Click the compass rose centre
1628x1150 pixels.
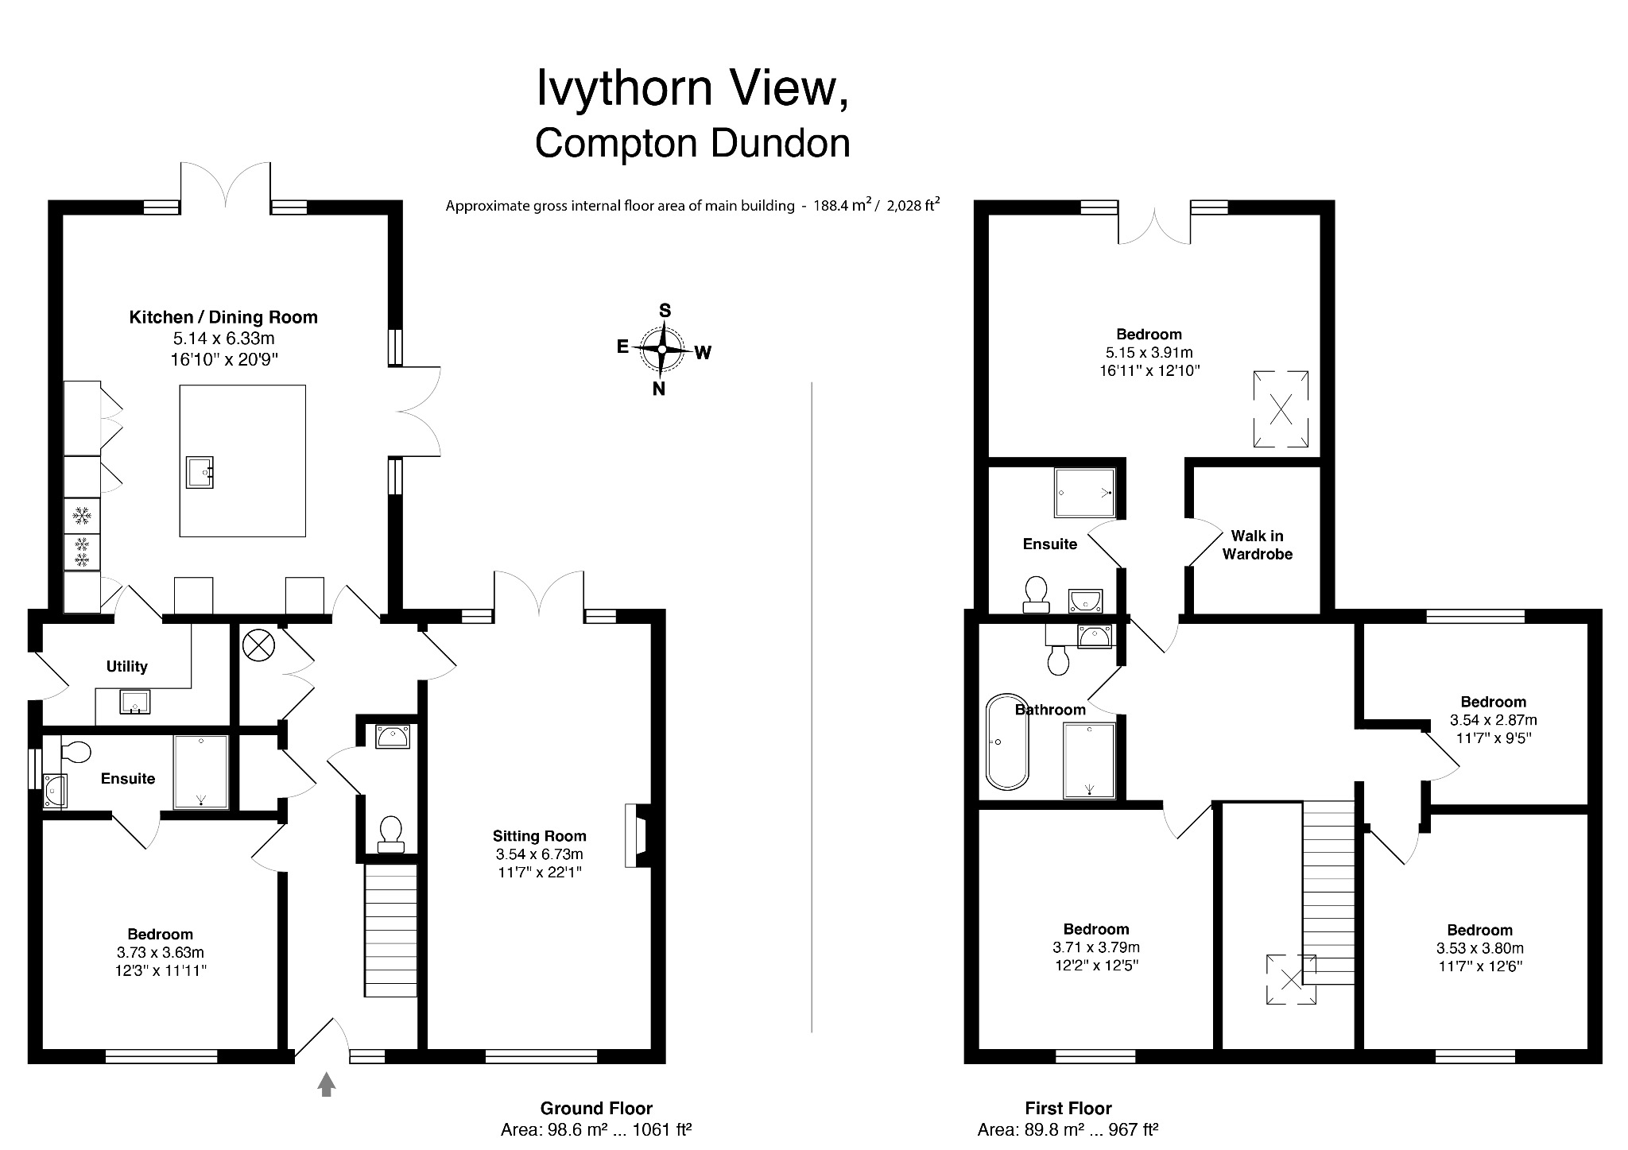(x=662, y=349)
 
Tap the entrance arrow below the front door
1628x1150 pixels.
(x=326, y=1084)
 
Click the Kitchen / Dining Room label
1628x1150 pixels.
(x=223, y=317)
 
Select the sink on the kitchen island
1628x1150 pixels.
(x=200, y=472)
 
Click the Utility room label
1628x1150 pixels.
(x=127, y=666)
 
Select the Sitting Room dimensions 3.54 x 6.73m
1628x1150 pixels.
(x=539, y=854)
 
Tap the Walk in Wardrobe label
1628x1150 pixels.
(x=1257, y=545)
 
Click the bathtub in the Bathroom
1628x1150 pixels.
(x=1007, y=741)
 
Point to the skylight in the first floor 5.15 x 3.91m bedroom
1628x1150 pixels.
(x=1281, y=409)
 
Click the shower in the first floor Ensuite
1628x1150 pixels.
(x=1084, y=493)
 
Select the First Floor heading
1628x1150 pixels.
(x=1068, y=1108)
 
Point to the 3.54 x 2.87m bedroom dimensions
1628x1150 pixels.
(x=1493, y=720)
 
